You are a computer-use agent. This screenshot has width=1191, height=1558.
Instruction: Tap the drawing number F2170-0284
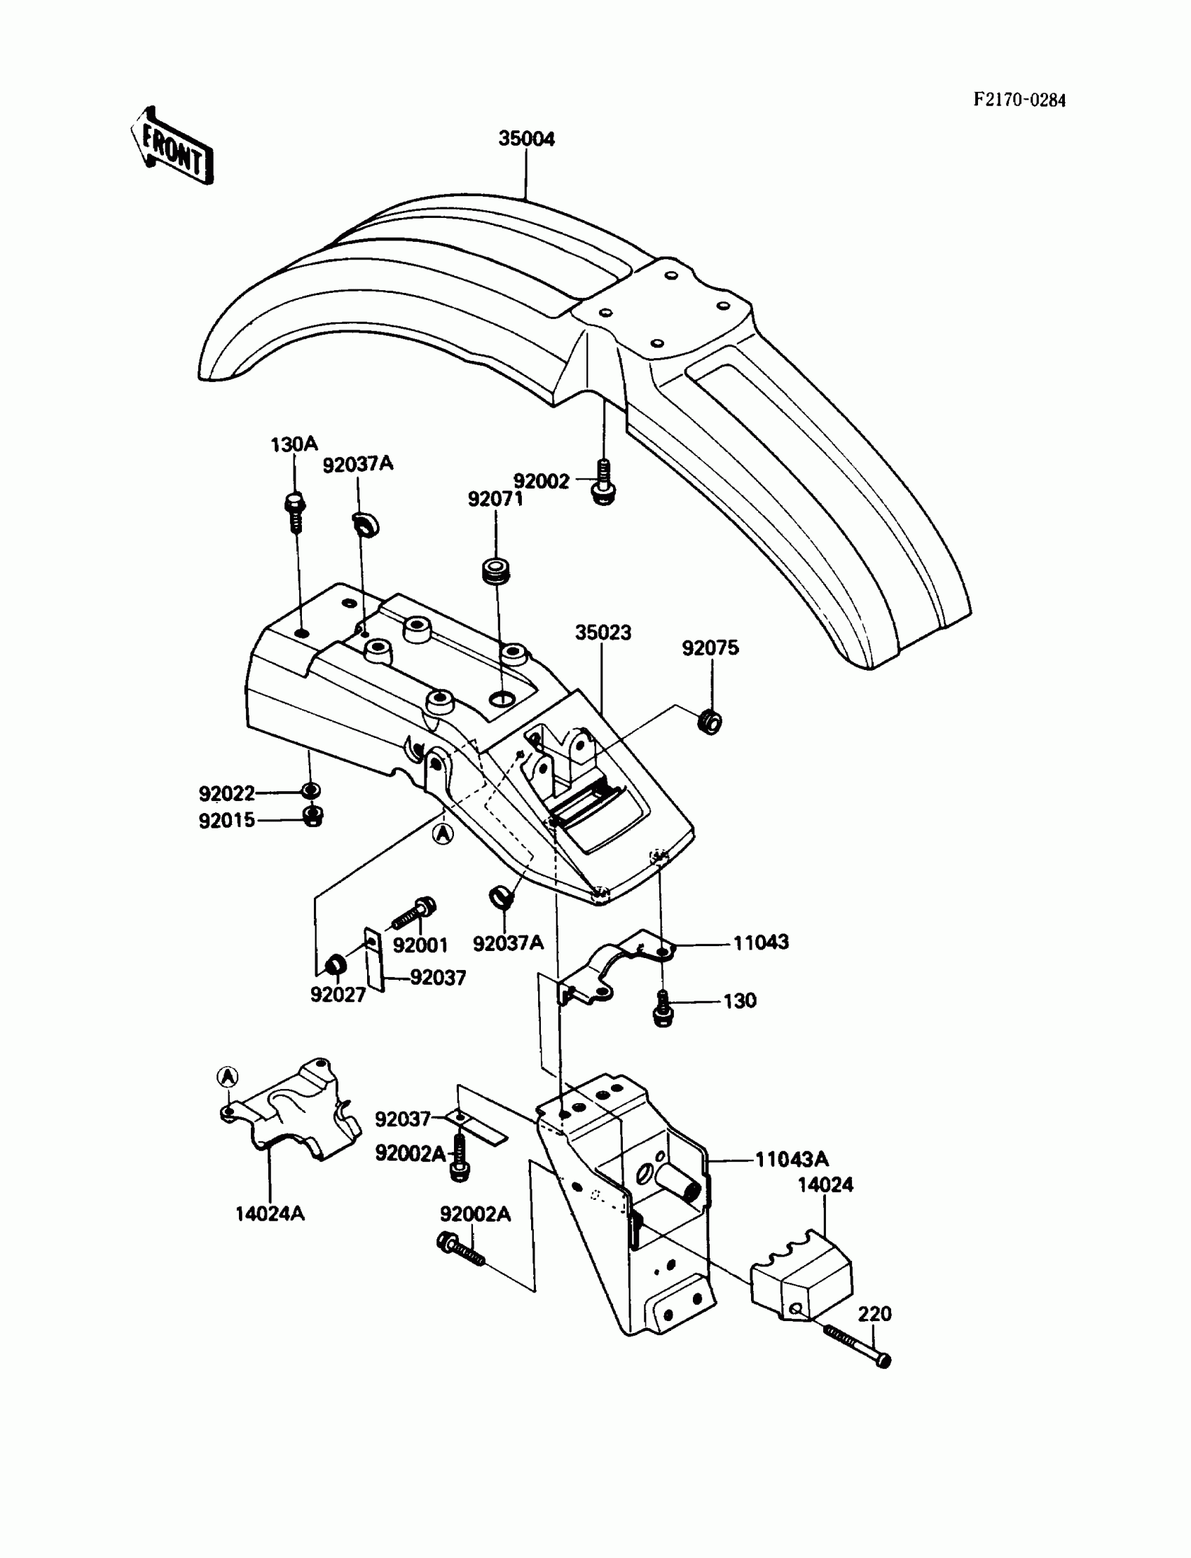(1019, 100)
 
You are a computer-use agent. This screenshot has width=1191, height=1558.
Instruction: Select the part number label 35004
(526, 139)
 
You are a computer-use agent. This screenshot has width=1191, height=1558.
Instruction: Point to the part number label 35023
(603, 632)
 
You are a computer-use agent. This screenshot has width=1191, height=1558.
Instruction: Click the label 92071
(495, 499)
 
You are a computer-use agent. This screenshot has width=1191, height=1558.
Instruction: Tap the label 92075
(710, 648)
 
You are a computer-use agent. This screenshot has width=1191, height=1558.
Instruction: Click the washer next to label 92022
(310, 791)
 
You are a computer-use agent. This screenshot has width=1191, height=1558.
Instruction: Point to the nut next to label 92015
(312, 816)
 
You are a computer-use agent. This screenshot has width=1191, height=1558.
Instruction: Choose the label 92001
(420, 945)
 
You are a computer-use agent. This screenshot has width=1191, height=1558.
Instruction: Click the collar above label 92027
(335, 965)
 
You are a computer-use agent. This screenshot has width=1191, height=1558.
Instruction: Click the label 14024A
(270, 1213)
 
